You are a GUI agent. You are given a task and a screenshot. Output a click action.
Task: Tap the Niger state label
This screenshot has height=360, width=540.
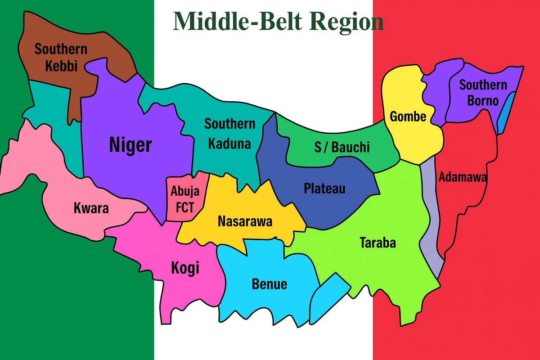pos(130,145)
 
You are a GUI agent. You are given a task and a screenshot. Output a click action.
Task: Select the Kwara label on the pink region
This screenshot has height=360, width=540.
pos(91,208)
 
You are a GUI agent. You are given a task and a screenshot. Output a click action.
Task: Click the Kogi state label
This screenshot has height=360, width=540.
pos(185,268)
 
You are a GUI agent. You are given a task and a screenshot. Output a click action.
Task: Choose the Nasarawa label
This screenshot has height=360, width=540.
pos(245,221)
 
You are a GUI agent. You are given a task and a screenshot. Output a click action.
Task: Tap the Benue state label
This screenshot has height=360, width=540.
pos(269,284)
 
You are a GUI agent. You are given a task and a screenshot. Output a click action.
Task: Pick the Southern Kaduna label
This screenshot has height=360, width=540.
pos(229,133)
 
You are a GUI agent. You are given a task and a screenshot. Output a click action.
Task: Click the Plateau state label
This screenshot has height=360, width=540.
pos(324,188)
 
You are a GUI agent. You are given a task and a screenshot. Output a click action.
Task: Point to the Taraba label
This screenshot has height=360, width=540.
pos(378,243)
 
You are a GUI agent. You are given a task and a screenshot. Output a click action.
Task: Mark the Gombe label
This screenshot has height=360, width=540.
pos(408,117)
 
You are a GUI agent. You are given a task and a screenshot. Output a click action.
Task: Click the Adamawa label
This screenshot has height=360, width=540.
pos(463,177)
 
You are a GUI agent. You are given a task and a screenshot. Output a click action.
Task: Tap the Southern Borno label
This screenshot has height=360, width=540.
pos(483,92)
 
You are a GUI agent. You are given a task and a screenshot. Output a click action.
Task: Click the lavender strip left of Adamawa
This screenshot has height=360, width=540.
pos(431,216)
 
